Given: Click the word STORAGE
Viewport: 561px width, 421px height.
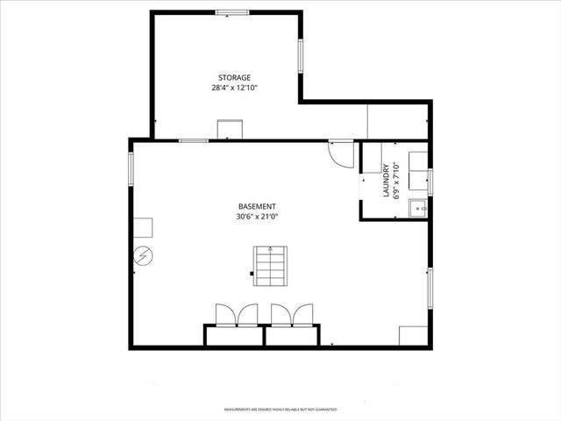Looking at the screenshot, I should pyautogui.click(x=234, y=77).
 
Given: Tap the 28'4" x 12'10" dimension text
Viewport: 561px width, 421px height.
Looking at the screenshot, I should pyautogui.click(x=234, y=88).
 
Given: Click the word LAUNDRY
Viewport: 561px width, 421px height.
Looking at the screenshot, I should pyautogui.click(x=387, y=181).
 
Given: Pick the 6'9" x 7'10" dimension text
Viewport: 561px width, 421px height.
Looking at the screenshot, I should pyautogui.click(x=397, y=181).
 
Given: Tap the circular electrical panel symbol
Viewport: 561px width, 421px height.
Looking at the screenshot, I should pyautogui.click(x=141, y=256).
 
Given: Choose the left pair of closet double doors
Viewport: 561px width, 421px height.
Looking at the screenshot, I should pyautogui.click(x=236, y=314).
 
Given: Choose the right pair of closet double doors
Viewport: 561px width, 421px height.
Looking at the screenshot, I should pyautogui.click(x=292, y=314).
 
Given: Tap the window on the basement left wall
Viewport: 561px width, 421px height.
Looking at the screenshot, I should pyautogui.click(x=132, y=168).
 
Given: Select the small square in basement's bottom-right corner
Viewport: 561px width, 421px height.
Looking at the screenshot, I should pyautogui.click(x=412, y=336).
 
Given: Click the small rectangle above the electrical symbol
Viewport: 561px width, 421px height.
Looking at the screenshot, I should pyautogui.click(x=143, y=226).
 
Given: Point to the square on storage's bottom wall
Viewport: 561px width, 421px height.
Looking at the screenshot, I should pyautogui.click(x=231, y=131).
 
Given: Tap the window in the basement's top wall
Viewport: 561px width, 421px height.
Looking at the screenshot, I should pyautogui.click(x=194, y=140).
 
